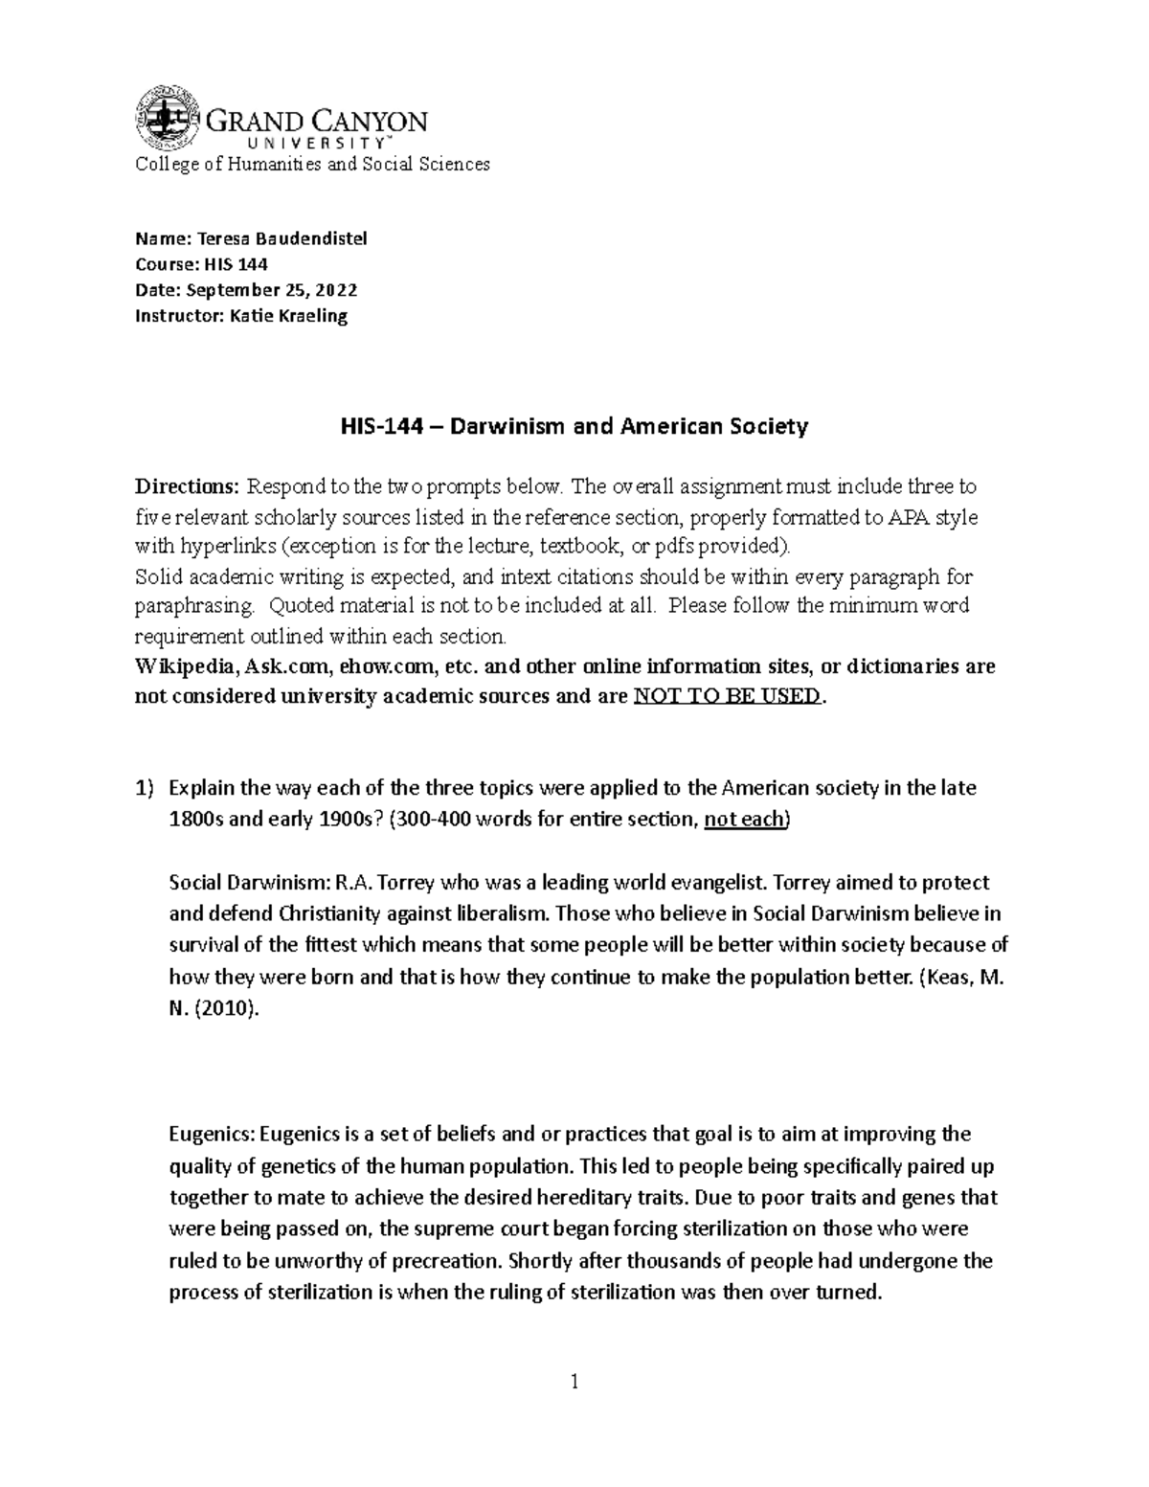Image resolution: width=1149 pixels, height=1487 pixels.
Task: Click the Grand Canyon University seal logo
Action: click(x=169, y=119)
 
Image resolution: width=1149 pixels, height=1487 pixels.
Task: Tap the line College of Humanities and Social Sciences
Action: click(x=312, y=164)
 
